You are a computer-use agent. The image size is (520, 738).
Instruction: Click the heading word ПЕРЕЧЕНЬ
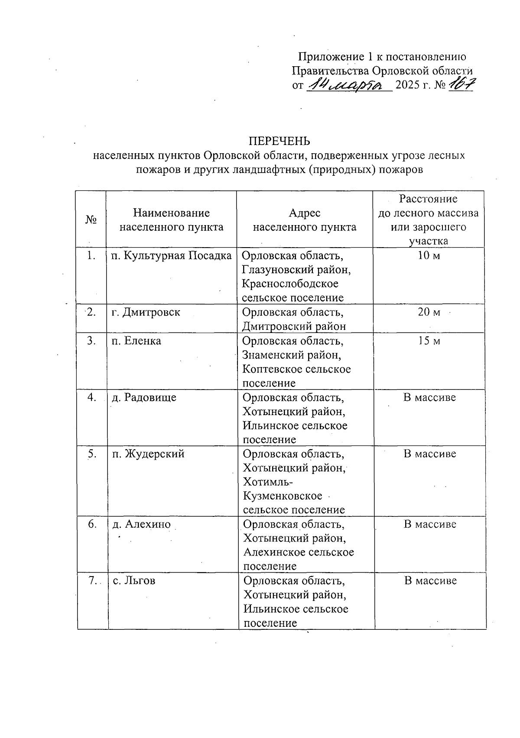tap(279, 141)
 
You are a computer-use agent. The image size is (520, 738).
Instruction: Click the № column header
tap(91, 220)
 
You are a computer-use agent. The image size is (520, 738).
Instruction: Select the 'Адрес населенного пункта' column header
tap(304, 220)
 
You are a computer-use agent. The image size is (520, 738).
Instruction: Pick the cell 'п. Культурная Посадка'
tap(172, 256)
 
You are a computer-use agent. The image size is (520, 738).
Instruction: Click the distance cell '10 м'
tap(429, 256)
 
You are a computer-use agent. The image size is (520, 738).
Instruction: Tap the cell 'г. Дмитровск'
tap(146, 313)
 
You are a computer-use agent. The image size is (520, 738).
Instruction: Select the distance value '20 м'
tap(429, 313)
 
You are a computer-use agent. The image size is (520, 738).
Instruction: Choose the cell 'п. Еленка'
tap(136, 341)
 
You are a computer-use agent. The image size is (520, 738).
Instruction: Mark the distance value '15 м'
tap(429, 341)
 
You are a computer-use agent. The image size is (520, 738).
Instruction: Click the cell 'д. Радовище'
tap(144, 397)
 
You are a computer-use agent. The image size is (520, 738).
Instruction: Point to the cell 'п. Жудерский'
tap(148, 454)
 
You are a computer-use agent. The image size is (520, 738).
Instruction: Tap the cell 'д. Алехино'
tap(142, 525)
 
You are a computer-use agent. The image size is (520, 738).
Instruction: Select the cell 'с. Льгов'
tap(134, 581)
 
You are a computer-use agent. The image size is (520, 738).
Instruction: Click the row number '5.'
tap(92, 454)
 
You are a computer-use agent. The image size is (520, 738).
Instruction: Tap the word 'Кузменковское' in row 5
tap(283, 496)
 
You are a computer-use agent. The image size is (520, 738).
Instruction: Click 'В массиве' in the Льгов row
tap(430, 581)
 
